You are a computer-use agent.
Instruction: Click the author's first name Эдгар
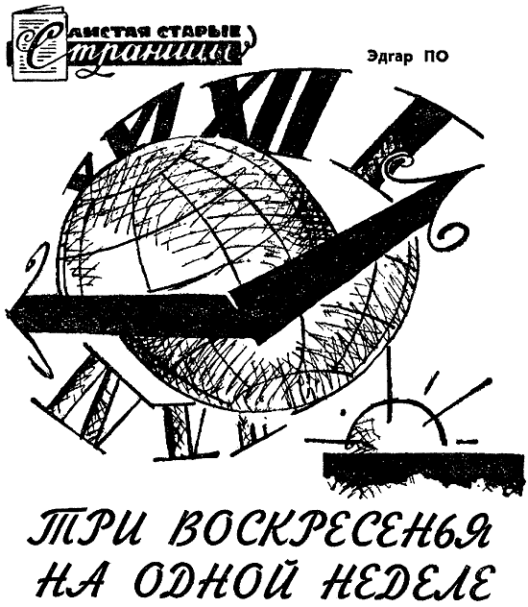pyautogui.click(x=384, y=57)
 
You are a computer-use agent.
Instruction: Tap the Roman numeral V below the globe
pyautogui.click(x=185, y=431)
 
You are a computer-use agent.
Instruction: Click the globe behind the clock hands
pyautogui.click(x=232, y=271)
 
